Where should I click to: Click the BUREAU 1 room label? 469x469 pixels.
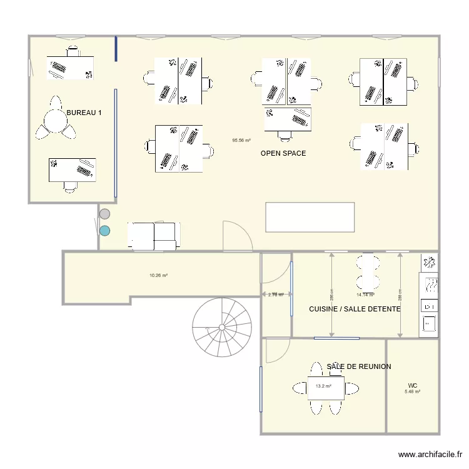(84, 113)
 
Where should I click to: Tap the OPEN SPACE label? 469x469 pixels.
(283, 153)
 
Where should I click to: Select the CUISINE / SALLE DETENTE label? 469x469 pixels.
(355, 309)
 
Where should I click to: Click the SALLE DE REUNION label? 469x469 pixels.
(359, 366)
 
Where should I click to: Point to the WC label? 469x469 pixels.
(412, 385)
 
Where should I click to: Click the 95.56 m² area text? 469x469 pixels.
(241, 141)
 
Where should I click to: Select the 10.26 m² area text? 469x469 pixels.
(158, 275)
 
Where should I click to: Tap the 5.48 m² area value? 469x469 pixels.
(412, 392)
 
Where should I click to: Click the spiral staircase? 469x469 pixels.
(221, 326)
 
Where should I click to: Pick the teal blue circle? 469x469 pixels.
(105, 230)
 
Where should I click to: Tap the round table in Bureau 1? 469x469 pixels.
(56, 119)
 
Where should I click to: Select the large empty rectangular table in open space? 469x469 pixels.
(310, 217)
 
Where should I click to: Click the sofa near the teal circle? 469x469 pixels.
(154, 236)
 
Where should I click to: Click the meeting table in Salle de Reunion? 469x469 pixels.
(326, 388)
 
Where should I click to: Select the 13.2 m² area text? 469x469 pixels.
(323, 386)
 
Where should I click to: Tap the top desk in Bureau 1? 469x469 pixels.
(70, 67)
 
